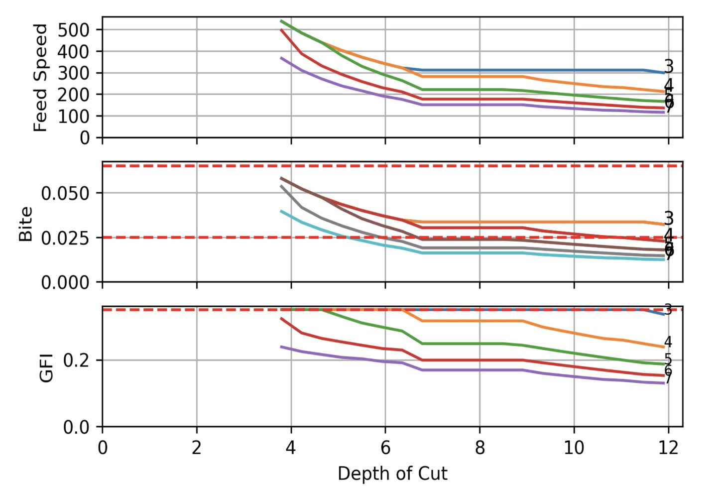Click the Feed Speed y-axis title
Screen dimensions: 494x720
point(40,77)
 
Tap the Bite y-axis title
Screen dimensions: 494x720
point(25,224)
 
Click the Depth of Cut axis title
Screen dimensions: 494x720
point(392,473)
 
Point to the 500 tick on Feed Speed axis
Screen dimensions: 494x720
point(73,30)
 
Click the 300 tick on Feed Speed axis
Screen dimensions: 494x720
point(73,73)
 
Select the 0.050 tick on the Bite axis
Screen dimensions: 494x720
point(65,193)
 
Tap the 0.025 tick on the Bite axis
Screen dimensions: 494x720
point(65,238)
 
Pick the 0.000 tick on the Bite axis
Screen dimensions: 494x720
point(65,283)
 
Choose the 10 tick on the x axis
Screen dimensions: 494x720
point(574,448)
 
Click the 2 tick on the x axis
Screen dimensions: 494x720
point(197,448)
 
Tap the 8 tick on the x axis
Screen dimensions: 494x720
point(480,448)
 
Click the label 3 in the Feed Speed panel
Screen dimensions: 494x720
point(669,66)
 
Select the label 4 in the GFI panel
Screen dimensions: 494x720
point(668,342)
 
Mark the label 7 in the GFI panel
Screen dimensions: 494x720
point(668,378)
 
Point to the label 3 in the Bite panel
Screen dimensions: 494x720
point(669,218)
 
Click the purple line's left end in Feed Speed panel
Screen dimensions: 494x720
point(281,58)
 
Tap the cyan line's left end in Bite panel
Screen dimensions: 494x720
point(281,211)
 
